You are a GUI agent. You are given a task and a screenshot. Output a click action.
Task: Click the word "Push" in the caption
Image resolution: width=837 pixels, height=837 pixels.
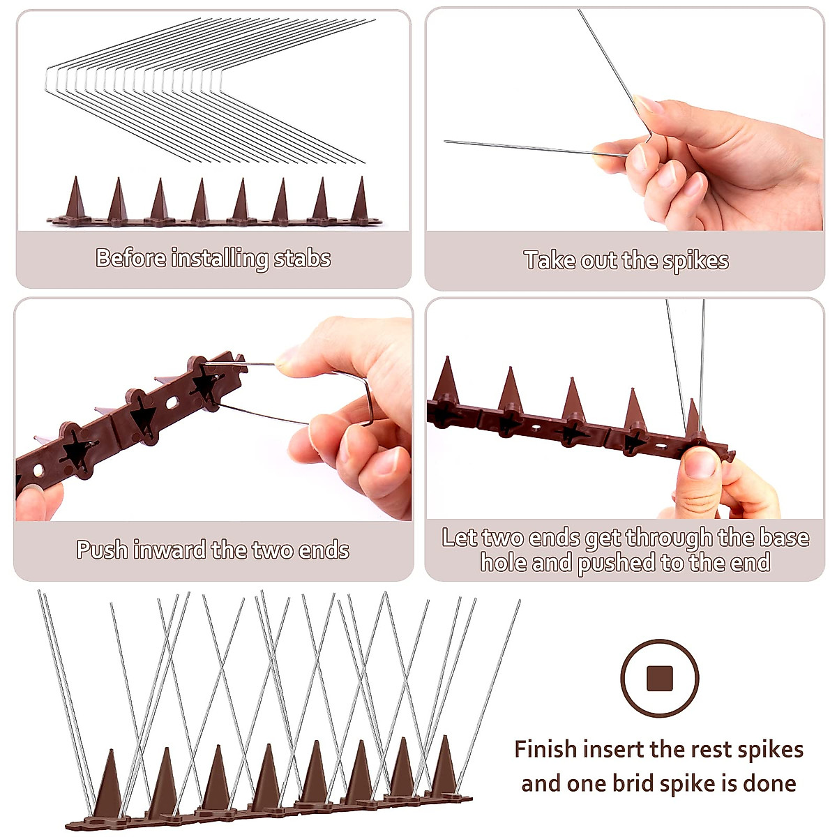tap(102, 550)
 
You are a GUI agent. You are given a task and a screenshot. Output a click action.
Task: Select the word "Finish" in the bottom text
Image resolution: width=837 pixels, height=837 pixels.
tap(545, 749)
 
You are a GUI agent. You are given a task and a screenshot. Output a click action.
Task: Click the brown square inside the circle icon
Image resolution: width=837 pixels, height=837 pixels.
tap(659, 678)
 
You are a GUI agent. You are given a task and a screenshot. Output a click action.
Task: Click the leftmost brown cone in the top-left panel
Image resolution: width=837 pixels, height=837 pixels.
tap(74, 199)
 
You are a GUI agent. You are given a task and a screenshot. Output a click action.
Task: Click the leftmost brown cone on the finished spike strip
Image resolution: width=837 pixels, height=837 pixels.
tap(109, 785)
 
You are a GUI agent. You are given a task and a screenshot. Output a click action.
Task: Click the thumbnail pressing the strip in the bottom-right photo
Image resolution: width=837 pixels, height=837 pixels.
tap(700, 464)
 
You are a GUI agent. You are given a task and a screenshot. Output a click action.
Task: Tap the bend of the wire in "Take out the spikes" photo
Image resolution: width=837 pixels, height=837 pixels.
tap(649, 137)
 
